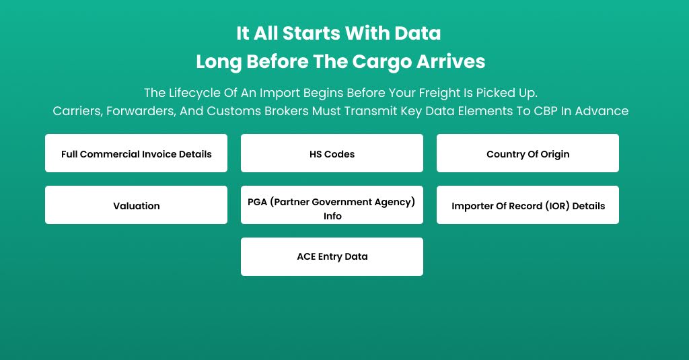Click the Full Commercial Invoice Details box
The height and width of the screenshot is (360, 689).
(x=136, y=153)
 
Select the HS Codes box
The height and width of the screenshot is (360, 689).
(x=332, y=153)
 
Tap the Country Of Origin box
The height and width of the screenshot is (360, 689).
(x=528, y=153)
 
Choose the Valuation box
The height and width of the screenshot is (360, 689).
(x=136, y=205)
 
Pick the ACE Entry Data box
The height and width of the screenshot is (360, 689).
(x=332, y=256)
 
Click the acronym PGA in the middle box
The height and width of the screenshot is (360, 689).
(x=258, y=201)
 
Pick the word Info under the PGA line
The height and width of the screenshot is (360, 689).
(x=332, y=216)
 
